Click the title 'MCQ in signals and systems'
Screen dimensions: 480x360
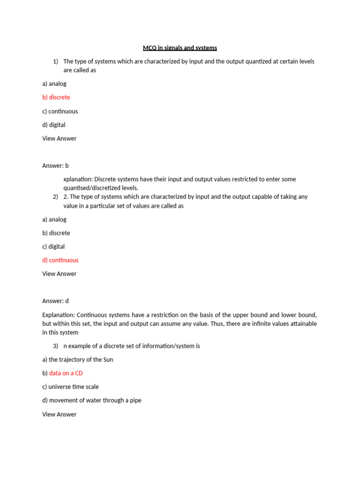tap(180, 48)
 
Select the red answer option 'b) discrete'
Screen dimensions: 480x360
tap(56, 97)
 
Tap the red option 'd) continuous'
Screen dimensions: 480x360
tap(60, 260)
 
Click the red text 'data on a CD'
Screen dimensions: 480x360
tap(66, 373)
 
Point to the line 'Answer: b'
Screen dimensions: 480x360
tap(55, 165)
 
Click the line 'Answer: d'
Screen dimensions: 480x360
tap(55, 301)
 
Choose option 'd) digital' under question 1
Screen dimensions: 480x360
tap(54, 125)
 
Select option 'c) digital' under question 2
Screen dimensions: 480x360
tap(53, 247)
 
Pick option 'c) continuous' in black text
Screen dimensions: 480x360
tap(60, 111)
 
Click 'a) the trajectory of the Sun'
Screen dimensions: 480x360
tap(77, 360)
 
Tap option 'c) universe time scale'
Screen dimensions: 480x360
tap(70, 387)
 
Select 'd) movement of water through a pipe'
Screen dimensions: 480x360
tap(91, 400)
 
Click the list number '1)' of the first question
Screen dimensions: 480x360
tap(55, 61)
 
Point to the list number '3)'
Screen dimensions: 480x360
tap(55, 346)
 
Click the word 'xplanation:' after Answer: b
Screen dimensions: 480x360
tap(77, 179)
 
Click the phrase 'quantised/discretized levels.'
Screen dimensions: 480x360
tap(101, 188)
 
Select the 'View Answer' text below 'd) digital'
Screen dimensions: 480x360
tap(59, 138)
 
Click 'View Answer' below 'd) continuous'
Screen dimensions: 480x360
tap(59, 274)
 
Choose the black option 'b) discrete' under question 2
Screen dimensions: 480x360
tap(56, 233)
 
